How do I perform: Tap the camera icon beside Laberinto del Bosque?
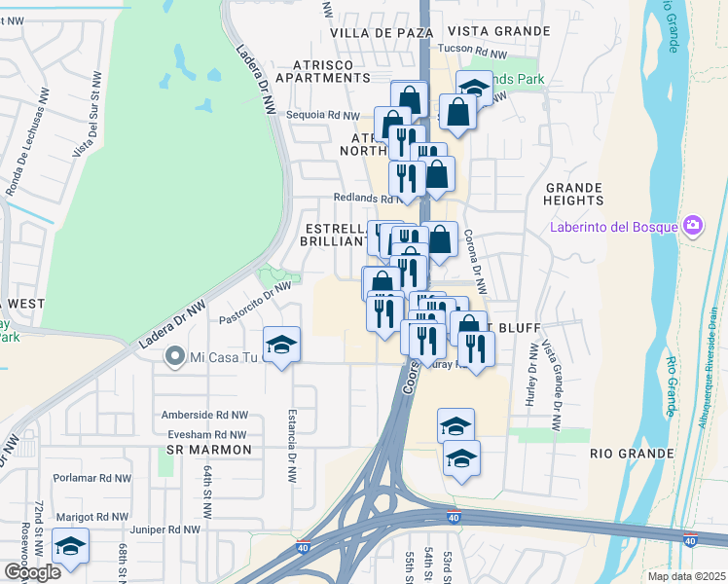point(693,227)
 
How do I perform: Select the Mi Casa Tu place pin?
point(174,357)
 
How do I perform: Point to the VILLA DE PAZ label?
point(375,32)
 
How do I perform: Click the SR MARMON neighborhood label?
point(209,450)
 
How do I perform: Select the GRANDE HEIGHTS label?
point(574,194)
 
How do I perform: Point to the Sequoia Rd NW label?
point(323,115)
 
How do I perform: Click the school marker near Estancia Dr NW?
point(282,345)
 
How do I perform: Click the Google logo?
point(32,572)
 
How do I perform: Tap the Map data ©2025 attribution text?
point(686,576)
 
